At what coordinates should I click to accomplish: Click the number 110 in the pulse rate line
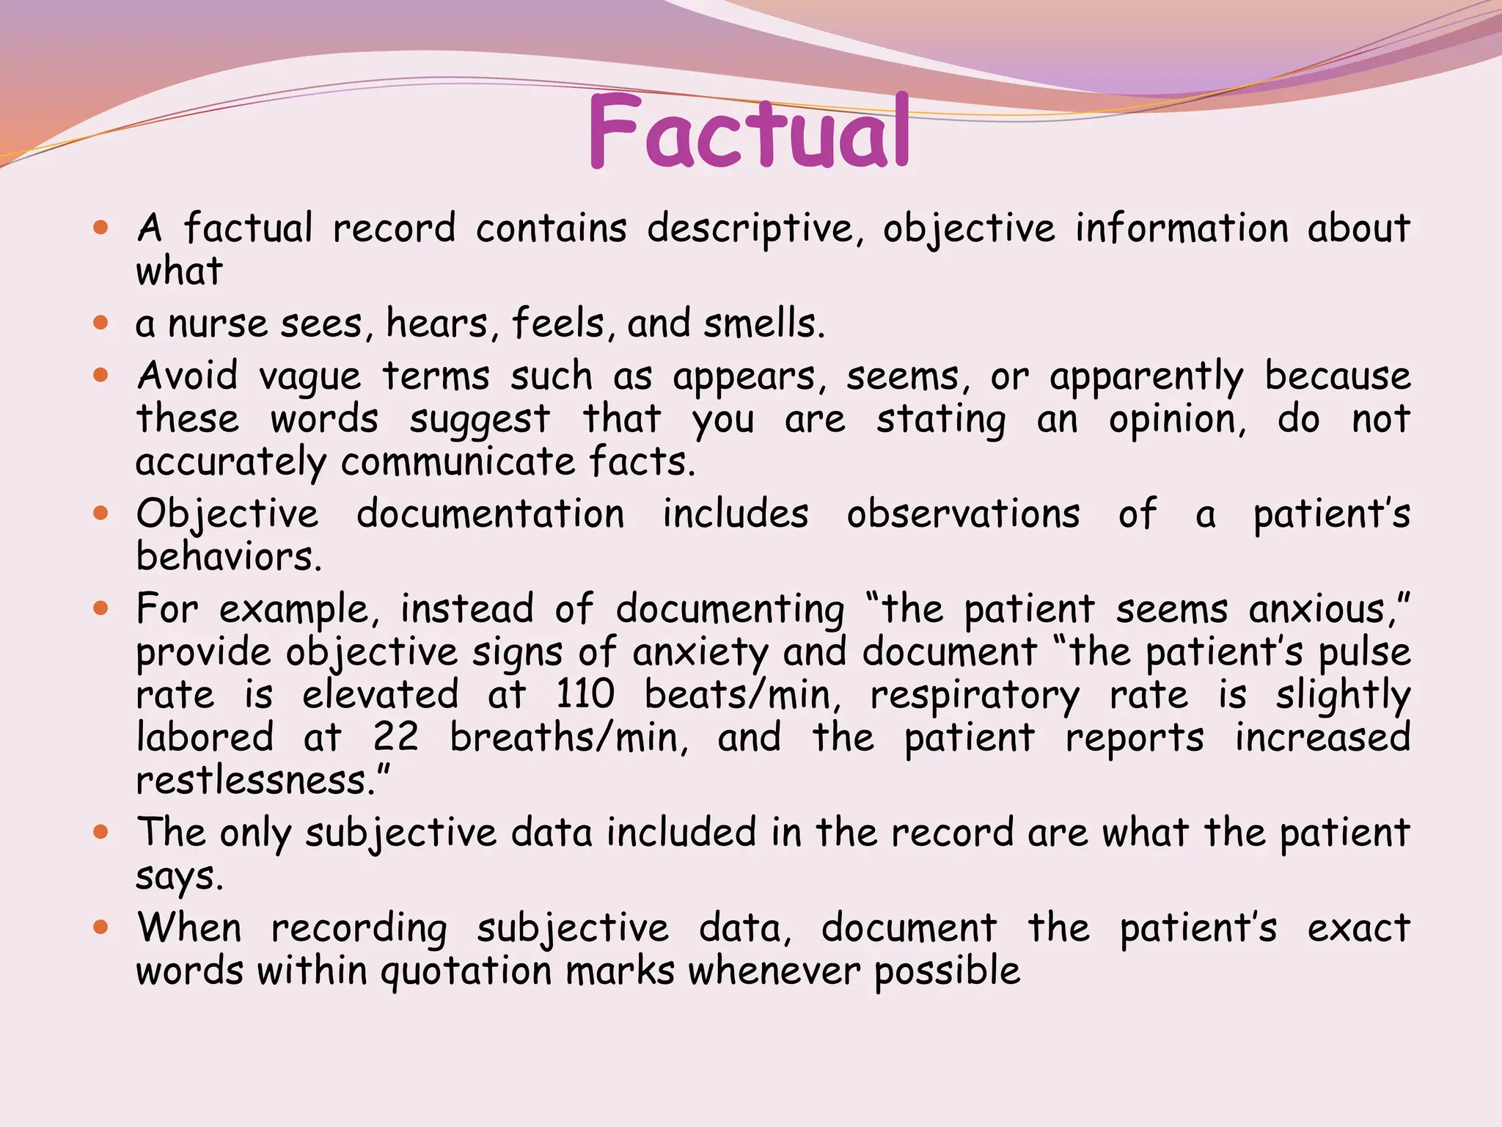pos(585,694)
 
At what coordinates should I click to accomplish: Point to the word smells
pos(763,324)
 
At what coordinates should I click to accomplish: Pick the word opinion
pos(1177,420)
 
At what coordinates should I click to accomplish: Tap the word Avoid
pos(188,376)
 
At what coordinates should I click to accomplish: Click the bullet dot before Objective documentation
pos(101,513)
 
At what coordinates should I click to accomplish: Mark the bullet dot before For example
pos(101,608)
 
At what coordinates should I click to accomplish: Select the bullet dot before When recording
pos(101,927)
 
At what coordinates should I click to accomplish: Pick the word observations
pos(963,514)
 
